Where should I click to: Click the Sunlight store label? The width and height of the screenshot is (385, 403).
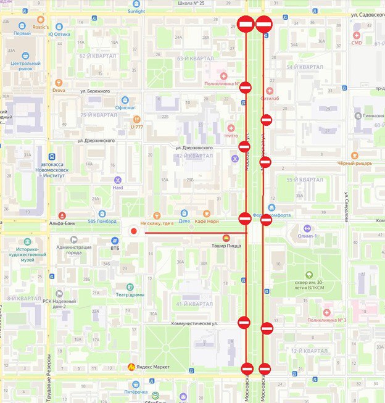136,11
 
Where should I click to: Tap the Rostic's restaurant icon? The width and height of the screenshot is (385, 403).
41,20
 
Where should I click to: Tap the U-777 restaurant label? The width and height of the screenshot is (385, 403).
137,127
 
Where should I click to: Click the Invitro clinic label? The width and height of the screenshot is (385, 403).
231,135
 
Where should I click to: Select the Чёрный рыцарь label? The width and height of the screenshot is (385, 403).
354,164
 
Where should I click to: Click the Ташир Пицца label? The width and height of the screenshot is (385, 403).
226,245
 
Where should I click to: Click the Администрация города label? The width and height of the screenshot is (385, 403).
73,250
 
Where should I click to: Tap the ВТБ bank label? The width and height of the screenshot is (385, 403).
115,248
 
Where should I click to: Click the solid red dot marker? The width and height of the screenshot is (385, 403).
133,231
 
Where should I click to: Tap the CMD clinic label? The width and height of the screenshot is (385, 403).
357,43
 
